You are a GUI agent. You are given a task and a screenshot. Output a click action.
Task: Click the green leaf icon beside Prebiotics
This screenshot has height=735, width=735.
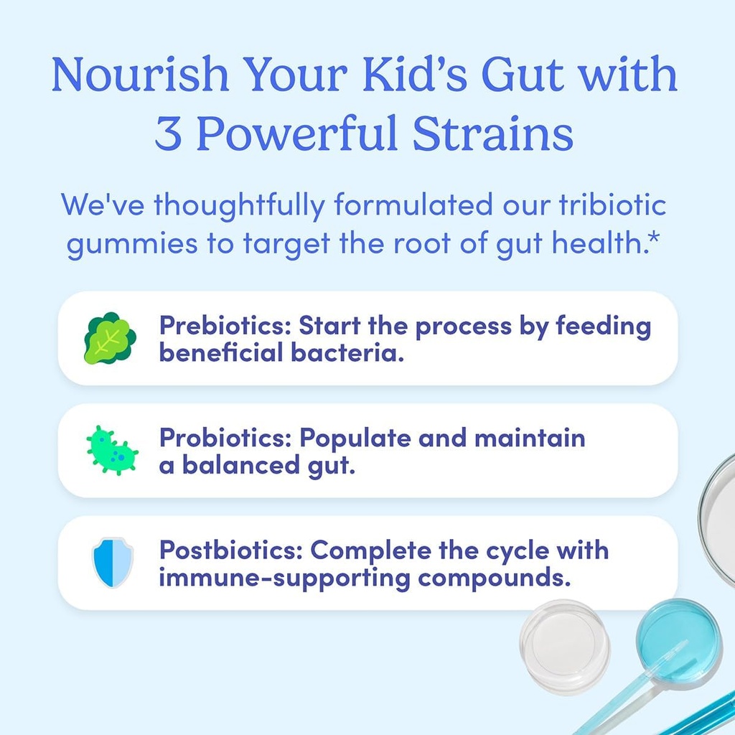pyautogui.click(x=109, y=338)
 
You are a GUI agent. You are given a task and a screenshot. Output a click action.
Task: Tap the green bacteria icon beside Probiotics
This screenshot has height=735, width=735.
pyautogui.click(x=112, y=450)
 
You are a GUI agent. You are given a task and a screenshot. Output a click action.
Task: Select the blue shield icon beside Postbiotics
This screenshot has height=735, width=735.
pyautogui.click(x=113, y=563)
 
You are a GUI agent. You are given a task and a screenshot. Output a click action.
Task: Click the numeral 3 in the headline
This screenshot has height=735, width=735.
pyautogui.click(x=168, y=134)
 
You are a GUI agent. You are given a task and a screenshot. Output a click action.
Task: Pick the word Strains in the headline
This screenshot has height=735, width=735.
pyautogui.click(x=496, y=134)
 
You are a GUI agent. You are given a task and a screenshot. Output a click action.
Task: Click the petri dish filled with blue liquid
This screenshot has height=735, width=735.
pyautogui.click(x=678, y=633)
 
